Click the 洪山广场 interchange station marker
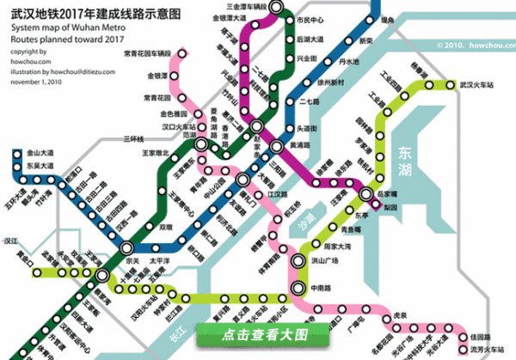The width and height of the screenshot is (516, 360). pyautogui.click(x=298, y=261)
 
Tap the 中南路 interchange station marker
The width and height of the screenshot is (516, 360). pyautogui.click(x=298, y=288)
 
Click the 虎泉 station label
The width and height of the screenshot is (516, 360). pyautogui.click(x=398, y=316)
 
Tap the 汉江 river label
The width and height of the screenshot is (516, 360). pyautogui.click(x=12, y=243)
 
